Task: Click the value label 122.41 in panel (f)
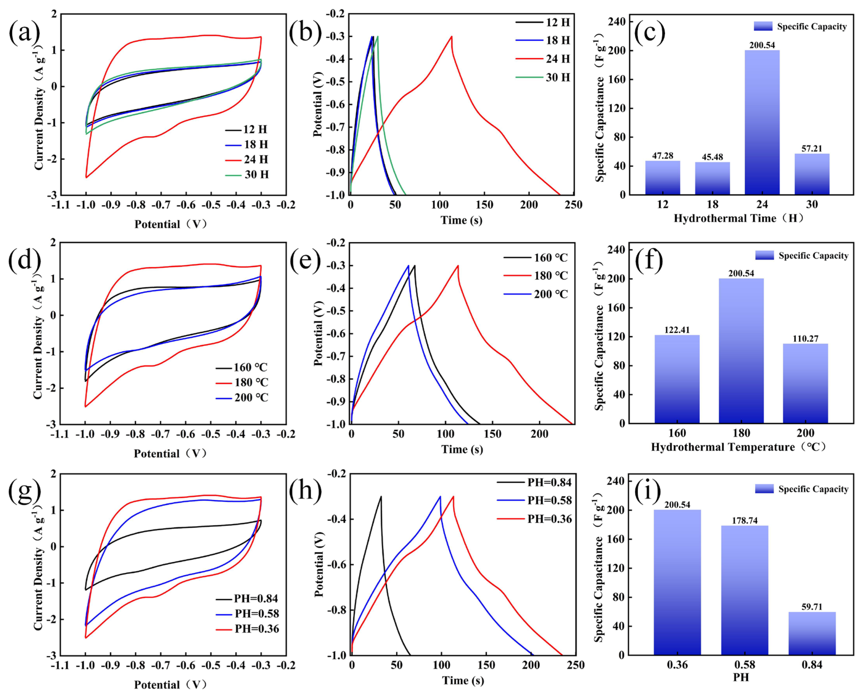677,330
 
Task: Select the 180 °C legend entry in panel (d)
242,383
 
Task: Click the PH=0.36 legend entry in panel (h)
535,519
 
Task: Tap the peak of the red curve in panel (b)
452,36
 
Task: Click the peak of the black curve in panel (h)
381,497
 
